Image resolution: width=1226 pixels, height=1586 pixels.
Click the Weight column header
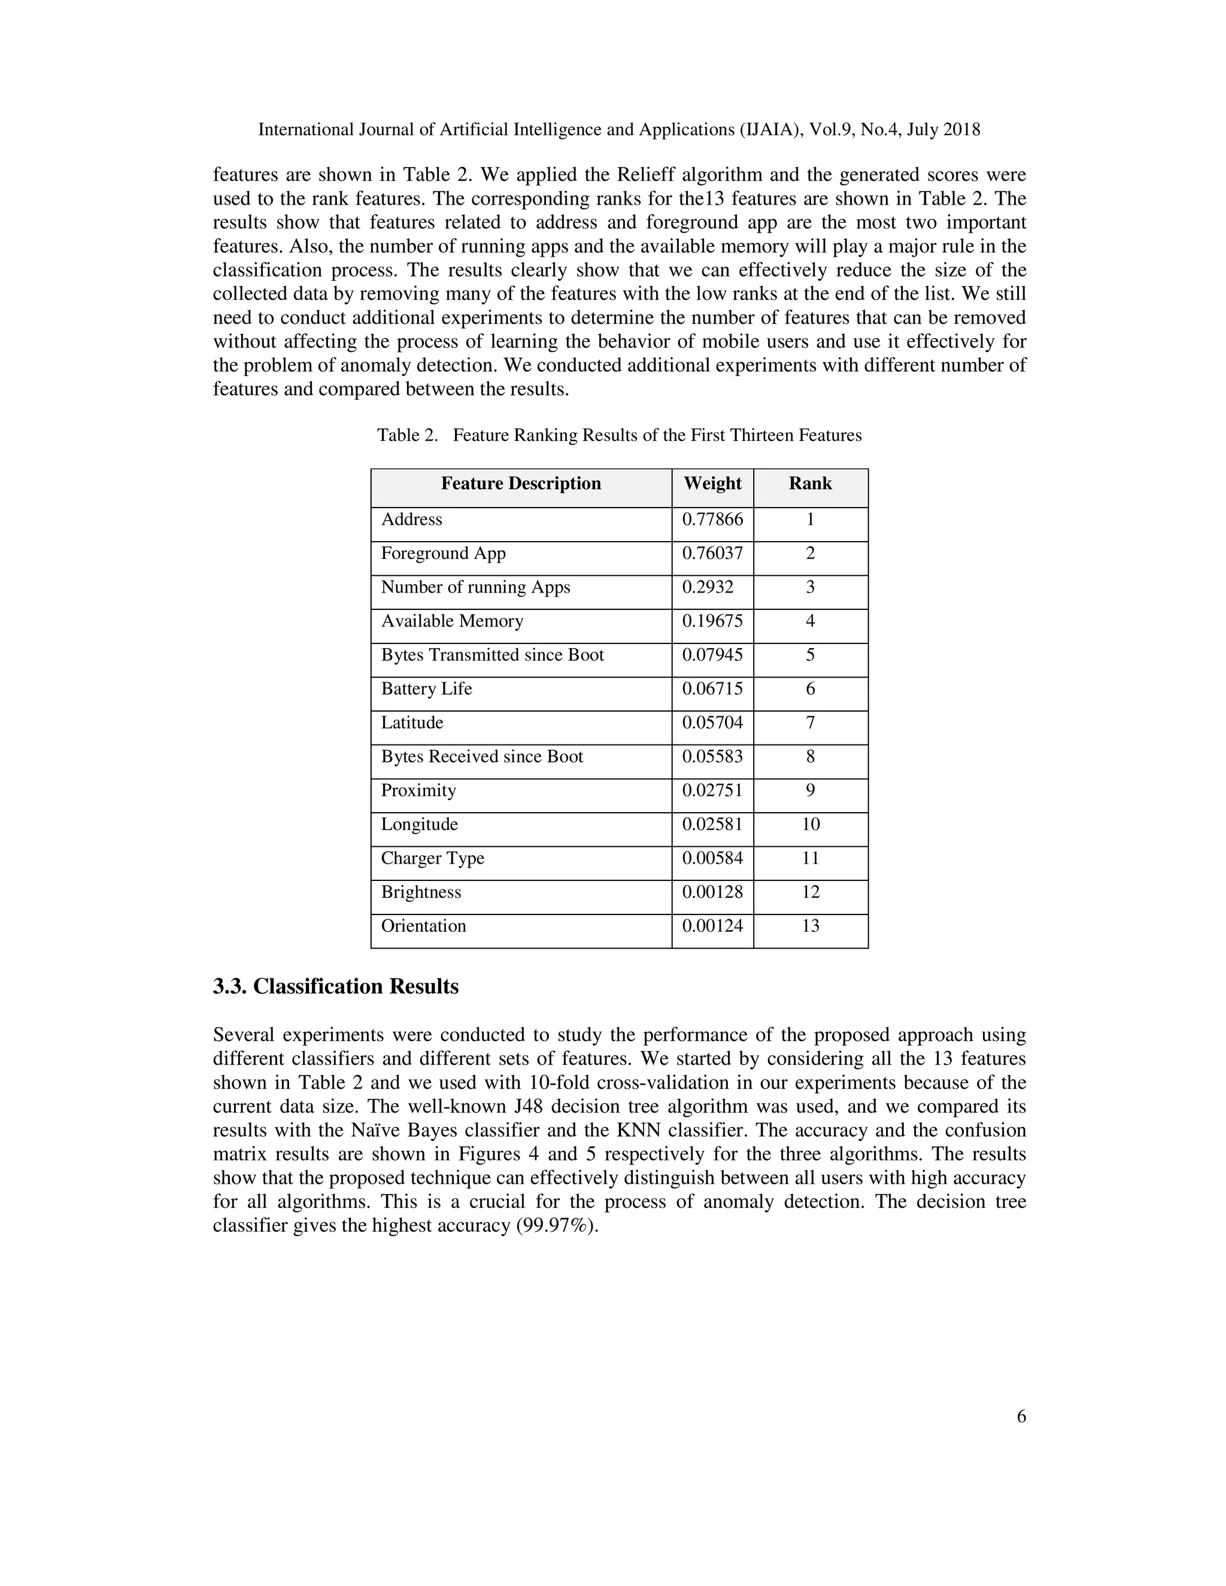click(x=712, y=484)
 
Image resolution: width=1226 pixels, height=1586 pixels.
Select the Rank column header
click(x=810, y=484)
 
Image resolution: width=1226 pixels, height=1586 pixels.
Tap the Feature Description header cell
click(x=521, y=484)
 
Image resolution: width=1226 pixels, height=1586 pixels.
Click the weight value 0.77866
click(x=712, y=519)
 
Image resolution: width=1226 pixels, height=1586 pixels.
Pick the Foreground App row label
click(x=443, y=554)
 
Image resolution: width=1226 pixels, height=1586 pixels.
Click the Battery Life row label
click(x=426, y=688)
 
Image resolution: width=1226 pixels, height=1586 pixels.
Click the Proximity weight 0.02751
click(x=712, y=790)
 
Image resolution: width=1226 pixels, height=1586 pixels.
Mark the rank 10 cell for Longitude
click(x=810, y=824)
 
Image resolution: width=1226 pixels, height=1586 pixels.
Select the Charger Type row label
click(x=432, y=858)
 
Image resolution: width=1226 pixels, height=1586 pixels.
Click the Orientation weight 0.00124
click(x=712, y=926)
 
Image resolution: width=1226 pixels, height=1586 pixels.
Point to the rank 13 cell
click(x=810, y=926)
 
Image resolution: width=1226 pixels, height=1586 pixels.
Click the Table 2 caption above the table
click(x=619, y=435)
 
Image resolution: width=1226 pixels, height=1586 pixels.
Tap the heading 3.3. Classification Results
click(x=336, y=986)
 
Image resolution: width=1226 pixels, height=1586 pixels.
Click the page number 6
click(x=1021, y=1416)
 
